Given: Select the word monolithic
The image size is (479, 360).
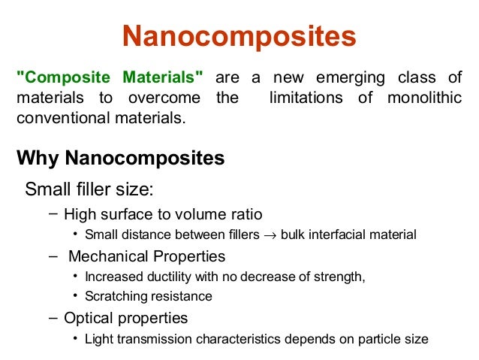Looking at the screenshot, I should [426, 98].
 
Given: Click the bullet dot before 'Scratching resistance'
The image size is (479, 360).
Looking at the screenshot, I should [76, 296].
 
